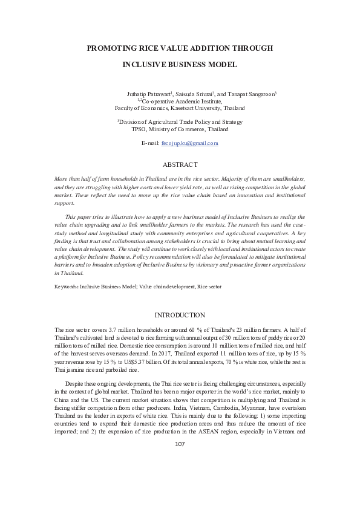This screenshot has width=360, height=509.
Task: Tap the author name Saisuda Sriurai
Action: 194,94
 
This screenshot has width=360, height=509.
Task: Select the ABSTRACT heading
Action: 180,164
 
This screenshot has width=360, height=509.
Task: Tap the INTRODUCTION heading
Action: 180,315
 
